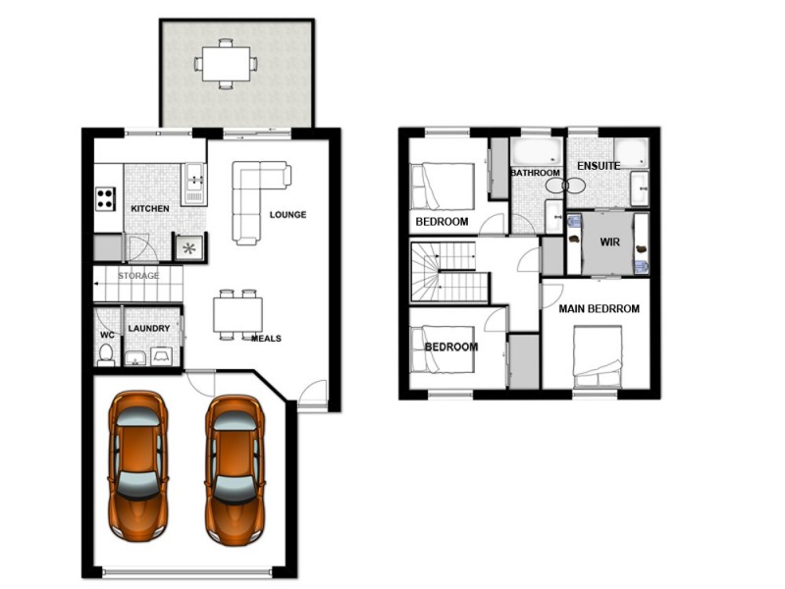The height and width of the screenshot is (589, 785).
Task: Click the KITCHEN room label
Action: (150, 209)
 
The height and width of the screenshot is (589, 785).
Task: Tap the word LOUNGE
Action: (287, 215)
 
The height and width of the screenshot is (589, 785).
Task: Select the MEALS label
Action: (266, 339)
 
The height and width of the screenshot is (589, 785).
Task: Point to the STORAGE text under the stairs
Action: (138, 276)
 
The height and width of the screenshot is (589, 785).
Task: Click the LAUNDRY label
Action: (149, 329)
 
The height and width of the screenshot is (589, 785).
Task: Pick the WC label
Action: (107, 334)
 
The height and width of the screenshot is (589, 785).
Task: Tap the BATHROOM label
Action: (535, 174)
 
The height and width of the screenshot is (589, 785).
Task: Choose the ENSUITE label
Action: (598, 166)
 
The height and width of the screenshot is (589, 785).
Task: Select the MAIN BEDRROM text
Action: (599, 308)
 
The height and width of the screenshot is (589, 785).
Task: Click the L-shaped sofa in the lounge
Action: (257, 196)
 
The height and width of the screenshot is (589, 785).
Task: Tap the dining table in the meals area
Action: (238, 314)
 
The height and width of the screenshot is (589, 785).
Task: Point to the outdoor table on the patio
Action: (227, 64)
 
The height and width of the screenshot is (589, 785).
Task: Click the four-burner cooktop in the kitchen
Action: (105, 198)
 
